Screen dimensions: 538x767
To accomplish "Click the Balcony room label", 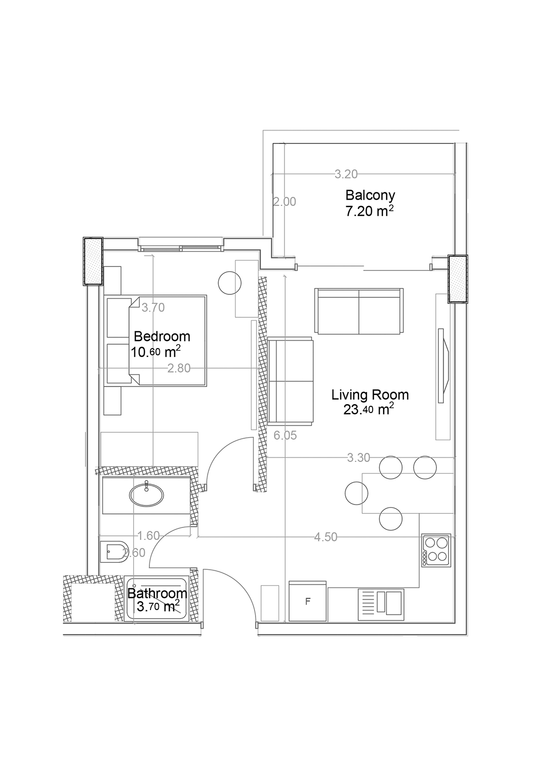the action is click(370, 195).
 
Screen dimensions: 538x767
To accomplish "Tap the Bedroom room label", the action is click(161, 336).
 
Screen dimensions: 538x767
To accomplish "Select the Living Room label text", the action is click(370, 395).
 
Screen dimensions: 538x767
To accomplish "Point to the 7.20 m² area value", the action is click(369, 211).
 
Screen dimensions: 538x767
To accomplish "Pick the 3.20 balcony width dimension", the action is click(346, 174).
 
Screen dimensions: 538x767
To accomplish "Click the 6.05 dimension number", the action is click(285, 435).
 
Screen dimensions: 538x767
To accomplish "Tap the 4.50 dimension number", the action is click(326, 537).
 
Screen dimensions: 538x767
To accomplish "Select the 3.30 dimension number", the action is click(359, 457).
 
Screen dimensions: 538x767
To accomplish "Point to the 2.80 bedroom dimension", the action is click(179, 368).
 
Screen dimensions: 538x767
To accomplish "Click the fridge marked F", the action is click(307, 601).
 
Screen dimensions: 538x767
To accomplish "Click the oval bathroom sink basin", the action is click(146, 495).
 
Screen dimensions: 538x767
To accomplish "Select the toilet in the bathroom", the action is click(114, 552).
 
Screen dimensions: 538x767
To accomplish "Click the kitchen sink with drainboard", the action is click(381, 604).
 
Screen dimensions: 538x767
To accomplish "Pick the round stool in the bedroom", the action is click(230, 283).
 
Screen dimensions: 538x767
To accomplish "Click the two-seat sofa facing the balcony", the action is click(359, 311).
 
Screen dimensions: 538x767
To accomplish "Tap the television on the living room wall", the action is click(443, 366).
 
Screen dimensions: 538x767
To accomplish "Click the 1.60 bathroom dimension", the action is click(148, 535).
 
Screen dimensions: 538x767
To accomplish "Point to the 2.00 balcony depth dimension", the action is click(284, 202).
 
